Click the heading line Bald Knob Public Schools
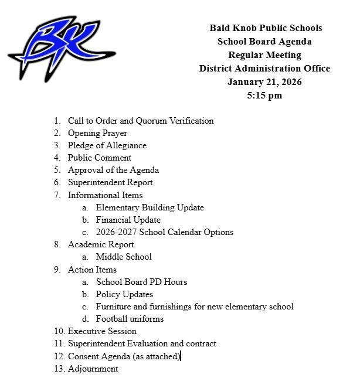[265, 28]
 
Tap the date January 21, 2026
[265, 82]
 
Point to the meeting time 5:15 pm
[265, 96]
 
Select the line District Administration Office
[265, 69]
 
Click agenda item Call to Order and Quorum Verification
[140, 121]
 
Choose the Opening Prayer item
[97, 133]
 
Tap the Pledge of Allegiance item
[107, 145]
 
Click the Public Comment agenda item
[99, 158]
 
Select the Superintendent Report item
[110, 182]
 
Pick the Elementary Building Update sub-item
[150, 207]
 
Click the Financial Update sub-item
[128, 220]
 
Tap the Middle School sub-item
[124, 257]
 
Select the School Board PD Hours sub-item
[141, 282]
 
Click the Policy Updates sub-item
[124, 294]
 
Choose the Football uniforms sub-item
[130, 319]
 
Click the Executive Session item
[102, 331]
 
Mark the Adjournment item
[93, 369]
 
